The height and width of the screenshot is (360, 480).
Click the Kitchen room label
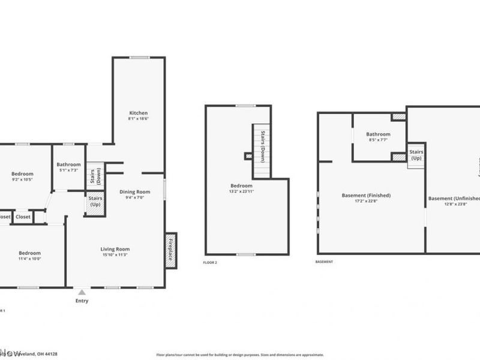138,113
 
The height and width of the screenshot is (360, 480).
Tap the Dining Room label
134,192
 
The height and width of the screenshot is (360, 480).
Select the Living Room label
115,249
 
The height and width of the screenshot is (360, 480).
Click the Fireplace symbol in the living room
170,248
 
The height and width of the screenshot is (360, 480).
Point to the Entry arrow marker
82,292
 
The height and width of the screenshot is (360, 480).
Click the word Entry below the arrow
82,301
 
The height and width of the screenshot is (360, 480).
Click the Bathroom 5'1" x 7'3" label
68,165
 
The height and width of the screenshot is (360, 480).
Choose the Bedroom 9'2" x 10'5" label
22,173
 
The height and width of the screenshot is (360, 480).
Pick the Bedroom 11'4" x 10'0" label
29,253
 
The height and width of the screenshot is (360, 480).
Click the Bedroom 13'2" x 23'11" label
242,186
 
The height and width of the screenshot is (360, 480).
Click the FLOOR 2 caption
210,263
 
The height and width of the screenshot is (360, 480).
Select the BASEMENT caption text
324,262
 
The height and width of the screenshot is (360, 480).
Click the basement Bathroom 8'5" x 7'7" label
378,134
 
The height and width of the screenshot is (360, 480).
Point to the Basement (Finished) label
366,195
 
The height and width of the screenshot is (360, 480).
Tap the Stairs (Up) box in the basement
416,155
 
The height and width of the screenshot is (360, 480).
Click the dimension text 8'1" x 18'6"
138,119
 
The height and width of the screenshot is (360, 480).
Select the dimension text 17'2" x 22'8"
366,201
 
